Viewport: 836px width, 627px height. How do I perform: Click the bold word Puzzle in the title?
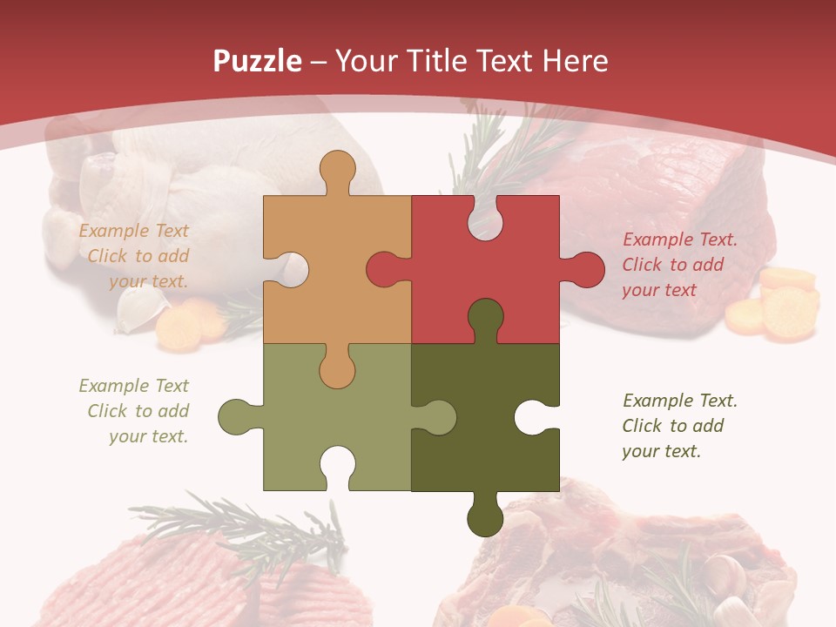tap(258, 61)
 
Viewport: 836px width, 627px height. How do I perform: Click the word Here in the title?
tap(575, 61)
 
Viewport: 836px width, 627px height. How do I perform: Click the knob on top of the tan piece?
tap(337, 169)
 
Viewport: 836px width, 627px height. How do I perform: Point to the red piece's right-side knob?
tap(584, 269)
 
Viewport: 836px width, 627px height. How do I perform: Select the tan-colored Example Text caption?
tap(134, 256)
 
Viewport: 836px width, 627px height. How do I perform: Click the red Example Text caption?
tap(679, 265)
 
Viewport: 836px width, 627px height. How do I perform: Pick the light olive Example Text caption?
tap(134, 411)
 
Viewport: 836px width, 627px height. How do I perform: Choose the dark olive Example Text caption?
tap(679, 426)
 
